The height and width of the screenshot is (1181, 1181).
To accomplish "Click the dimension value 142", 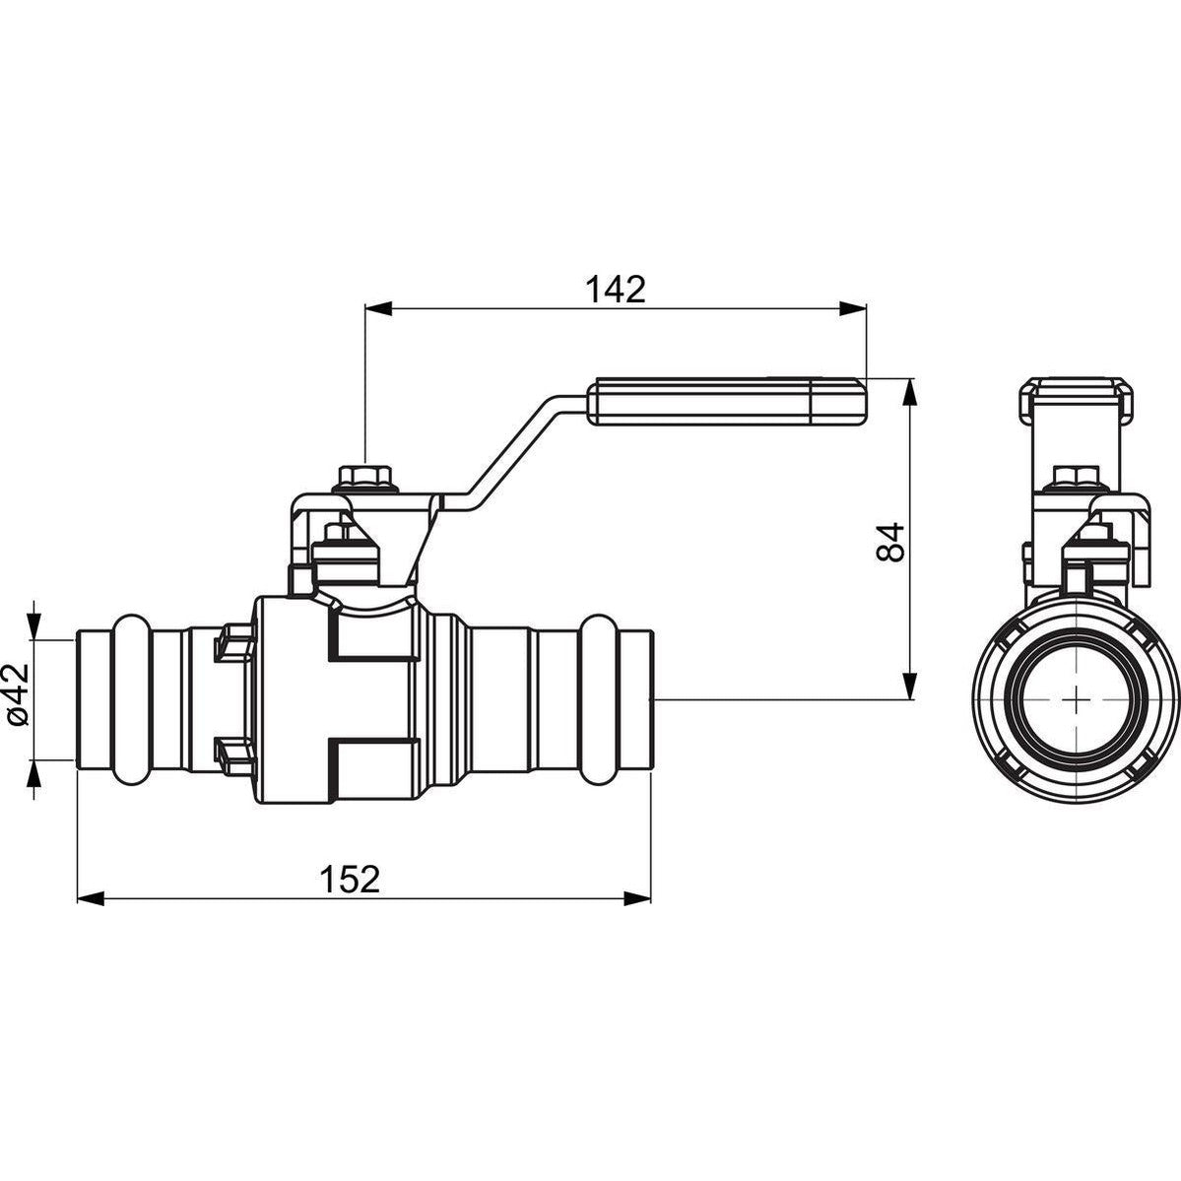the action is [616, 290].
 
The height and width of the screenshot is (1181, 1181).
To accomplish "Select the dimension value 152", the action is [350, 879].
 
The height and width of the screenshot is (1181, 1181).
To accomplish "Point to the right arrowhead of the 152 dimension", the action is [638, 897].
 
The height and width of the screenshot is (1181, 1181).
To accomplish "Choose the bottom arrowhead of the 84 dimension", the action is [910, 687].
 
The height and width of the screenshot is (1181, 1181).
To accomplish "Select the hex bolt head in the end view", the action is [1077, 476].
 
